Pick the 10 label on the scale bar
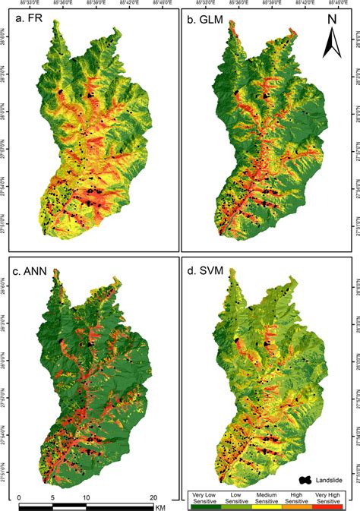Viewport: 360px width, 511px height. tap(86, 497)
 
